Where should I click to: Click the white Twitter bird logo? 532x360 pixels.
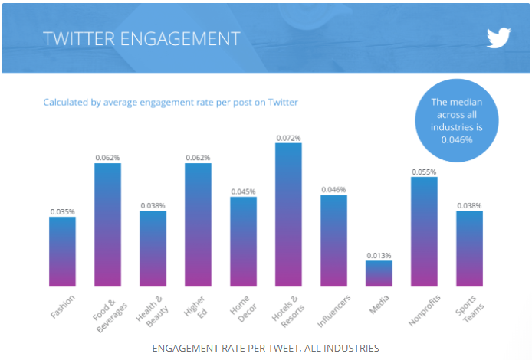point(498,38)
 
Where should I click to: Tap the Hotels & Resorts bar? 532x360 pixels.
point(288,214)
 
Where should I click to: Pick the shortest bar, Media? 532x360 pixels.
point(379,273)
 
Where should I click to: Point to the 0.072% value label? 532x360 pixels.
point(288,138)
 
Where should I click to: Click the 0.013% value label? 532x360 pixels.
point(379,255)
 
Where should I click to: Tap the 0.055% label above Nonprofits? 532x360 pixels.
point(424,172)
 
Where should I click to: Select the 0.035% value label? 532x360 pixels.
point(62,211)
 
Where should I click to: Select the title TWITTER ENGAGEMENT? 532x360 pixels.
point(141,38)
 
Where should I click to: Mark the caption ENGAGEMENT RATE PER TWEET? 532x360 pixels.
point(265,348)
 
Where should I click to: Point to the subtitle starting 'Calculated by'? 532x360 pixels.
point(170,102)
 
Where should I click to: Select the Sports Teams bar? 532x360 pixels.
point(470,248)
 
